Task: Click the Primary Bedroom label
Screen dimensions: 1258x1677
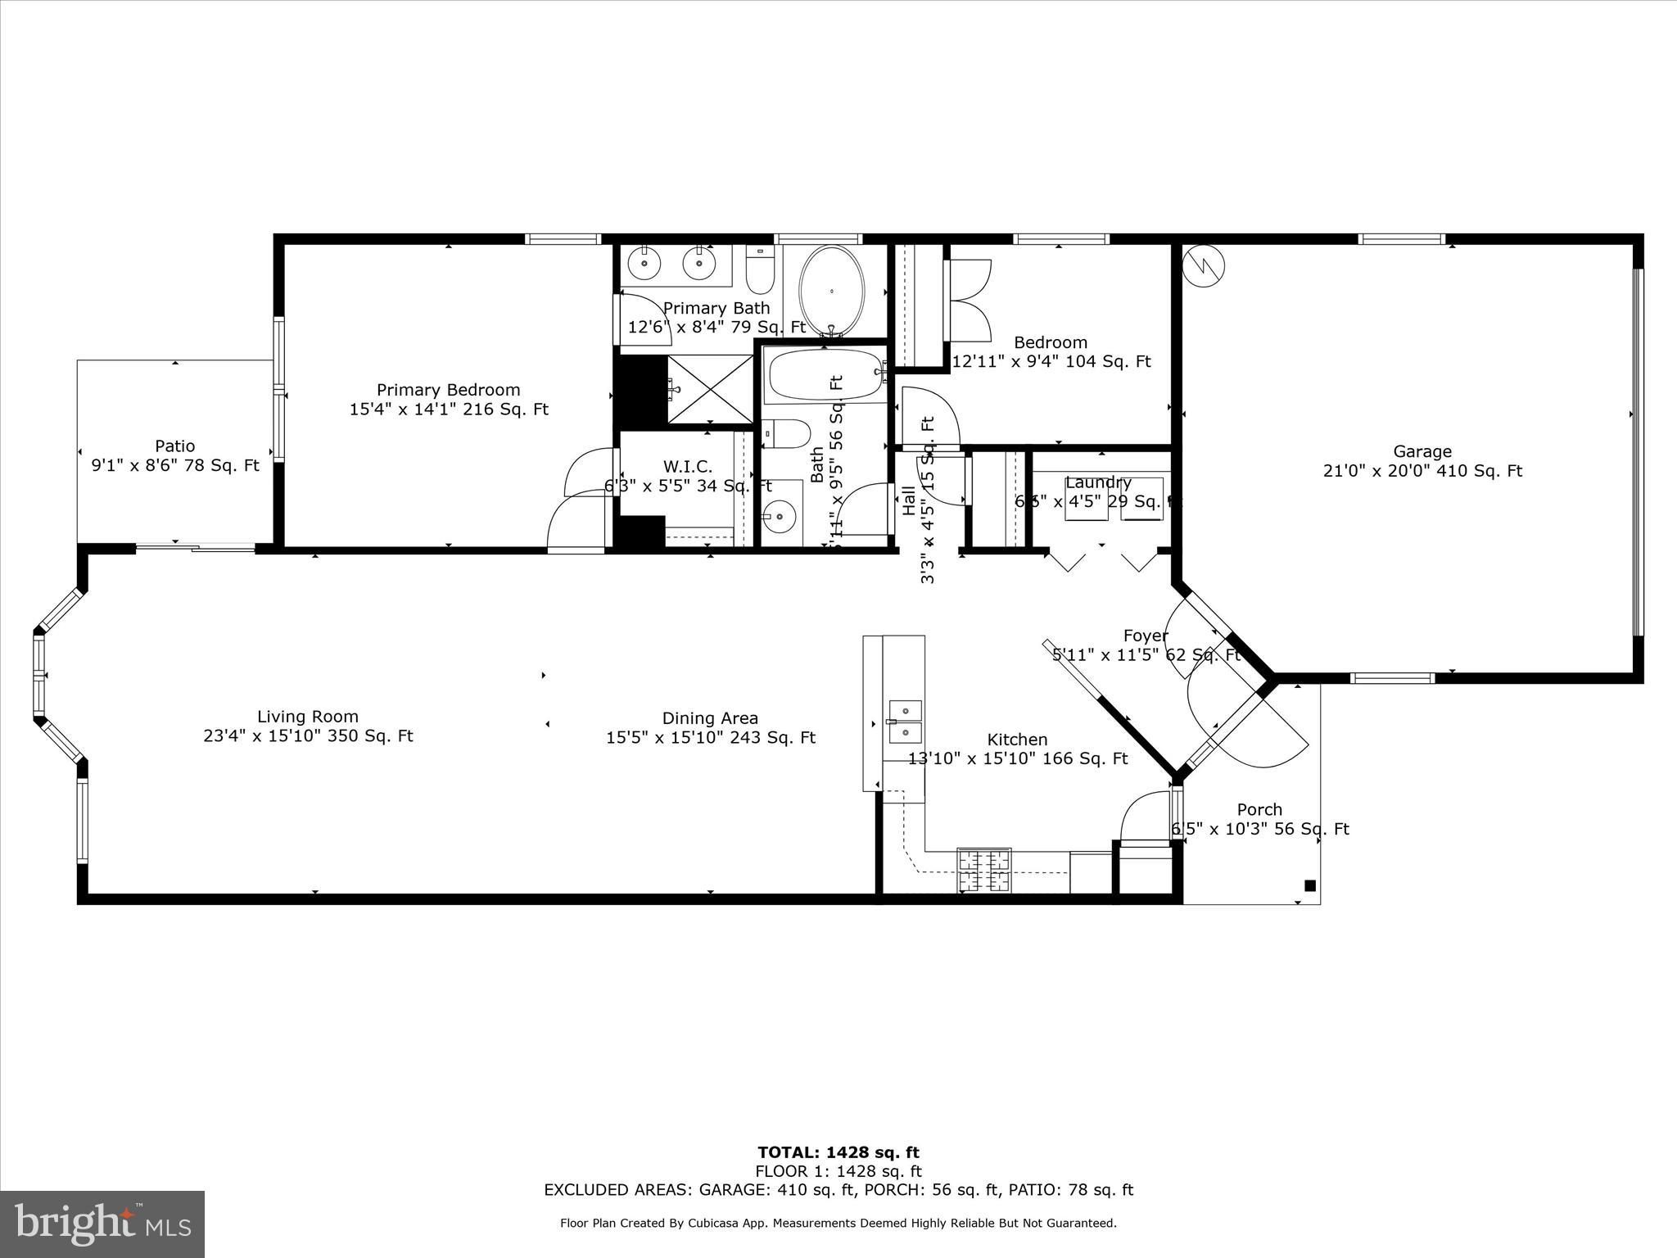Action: (448, 390)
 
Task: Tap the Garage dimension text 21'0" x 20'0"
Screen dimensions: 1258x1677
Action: (1422, 471)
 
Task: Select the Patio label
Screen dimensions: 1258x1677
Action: (174, 446)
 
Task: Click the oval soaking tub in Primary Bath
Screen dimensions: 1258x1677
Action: (831, 291)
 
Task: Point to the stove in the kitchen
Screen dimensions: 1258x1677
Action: (983, 870)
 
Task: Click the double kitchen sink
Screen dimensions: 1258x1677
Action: (905, 721)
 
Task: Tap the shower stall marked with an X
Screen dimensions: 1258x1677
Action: (710, 389)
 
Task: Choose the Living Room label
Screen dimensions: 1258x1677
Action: (308, 717)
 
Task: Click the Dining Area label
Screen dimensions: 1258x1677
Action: (710, 718)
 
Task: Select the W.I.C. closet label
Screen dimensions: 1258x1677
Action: (687, 466)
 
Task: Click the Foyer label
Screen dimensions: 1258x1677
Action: (1145, 636)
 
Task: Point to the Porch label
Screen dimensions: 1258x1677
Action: (1259, 809)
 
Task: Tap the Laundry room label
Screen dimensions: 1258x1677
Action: (1098, 482)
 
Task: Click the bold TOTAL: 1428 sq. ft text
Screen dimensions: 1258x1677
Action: (838, 1152)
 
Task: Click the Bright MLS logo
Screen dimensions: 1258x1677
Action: (102, 1224)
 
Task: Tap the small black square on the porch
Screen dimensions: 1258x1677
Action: (1309, 885)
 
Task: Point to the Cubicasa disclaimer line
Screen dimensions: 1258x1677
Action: (838, 1223)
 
